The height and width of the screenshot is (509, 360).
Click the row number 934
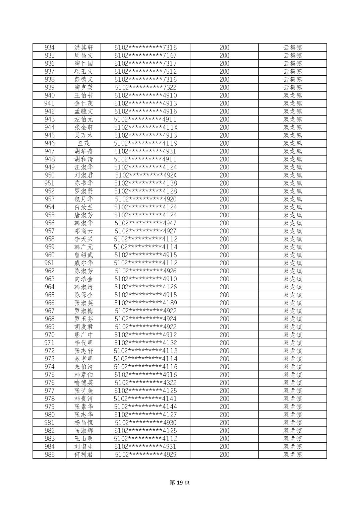[50, 48]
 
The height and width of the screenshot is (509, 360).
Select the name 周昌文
[83, 56]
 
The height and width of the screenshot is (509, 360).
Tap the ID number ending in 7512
[145, 71]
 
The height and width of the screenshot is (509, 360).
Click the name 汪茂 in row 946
[83, 143]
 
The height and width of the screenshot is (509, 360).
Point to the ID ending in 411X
[145, 127]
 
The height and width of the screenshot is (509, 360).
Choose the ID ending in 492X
[145, 175]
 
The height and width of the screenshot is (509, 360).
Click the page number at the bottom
[180, 483]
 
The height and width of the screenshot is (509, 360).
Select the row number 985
[50, 454]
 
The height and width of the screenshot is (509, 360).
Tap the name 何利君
[83, 454]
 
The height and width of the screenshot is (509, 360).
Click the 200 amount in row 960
[224, 255]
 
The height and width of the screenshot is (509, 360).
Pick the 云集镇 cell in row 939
[293, 87]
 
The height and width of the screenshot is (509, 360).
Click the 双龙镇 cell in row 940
[293, 95]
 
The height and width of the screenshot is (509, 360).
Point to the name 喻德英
[83, 383]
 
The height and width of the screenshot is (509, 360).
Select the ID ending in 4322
[145, 383]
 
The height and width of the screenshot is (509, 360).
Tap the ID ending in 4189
[145, 303]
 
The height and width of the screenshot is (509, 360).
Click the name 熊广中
[83, 335]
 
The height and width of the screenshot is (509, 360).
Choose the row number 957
[50, 231]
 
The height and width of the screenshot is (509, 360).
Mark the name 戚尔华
[83, 263]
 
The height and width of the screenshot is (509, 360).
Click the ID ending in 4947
[145, 223]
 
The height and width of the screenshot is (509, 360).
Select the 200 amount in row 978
[224, 398]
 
